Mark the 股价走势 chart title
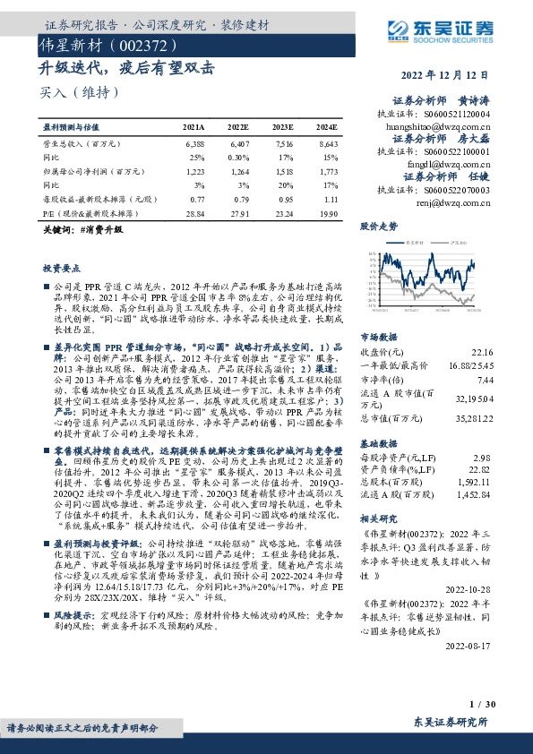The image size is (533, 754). click(379, 227)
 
